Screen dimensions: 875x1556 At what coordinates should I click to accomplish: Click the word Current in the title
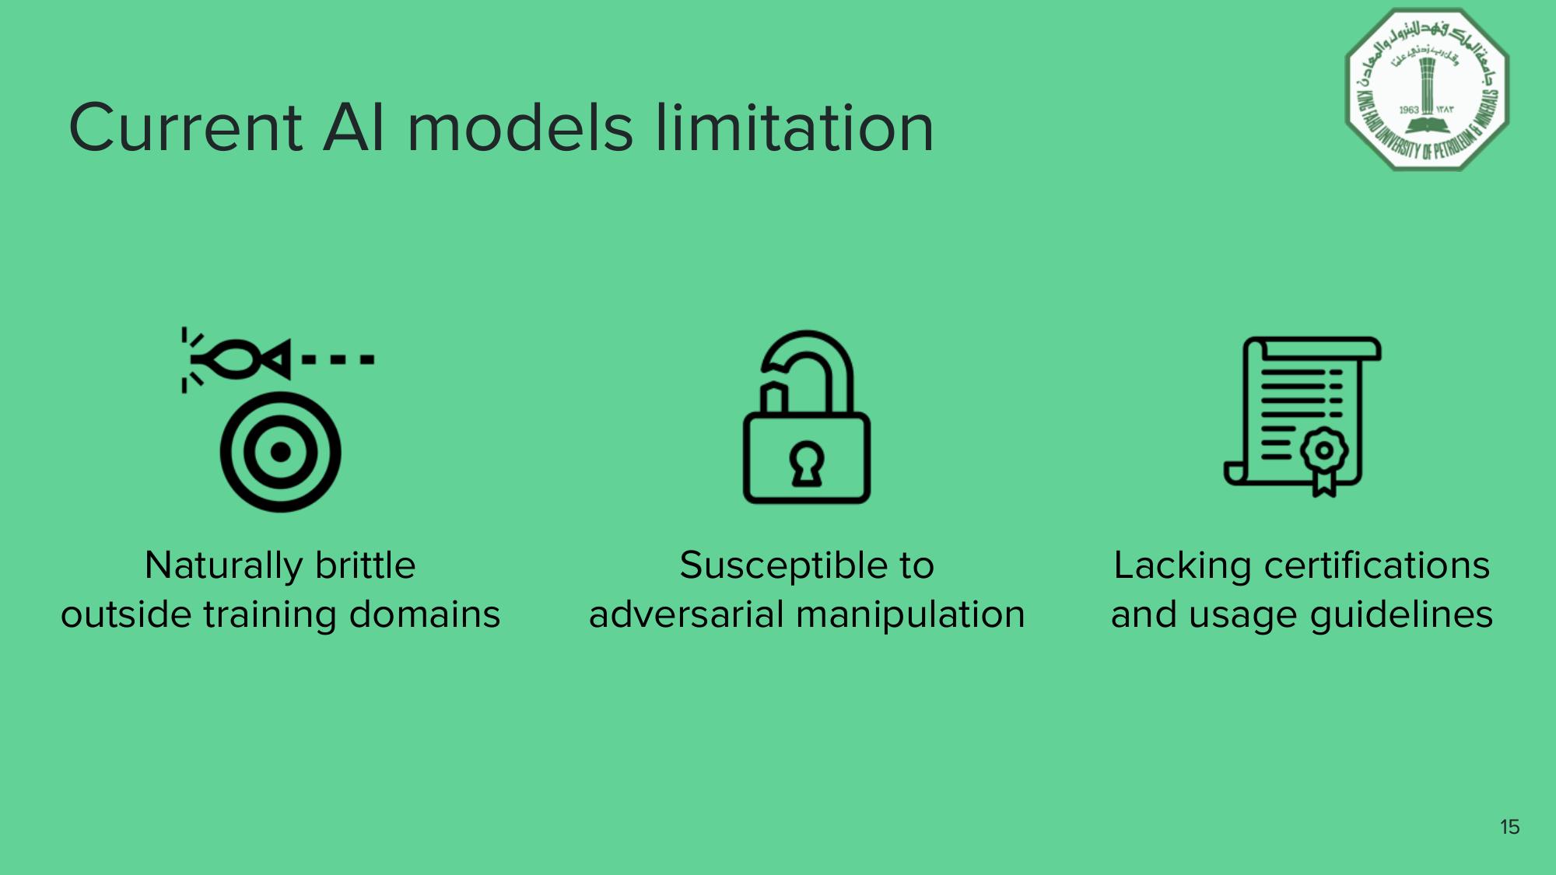tap(185, 128)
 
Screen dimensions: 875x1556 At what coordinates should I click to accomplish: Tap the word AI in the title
tap(354, 128)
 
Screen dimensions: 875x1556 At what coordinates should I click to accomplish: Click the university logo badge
tap(1427, 89)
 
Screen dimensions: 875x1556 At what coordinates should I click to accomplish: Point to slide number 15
tap(1509, 827)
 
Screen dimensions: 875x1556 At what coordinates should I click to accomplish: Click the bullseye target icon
tap(280, 452)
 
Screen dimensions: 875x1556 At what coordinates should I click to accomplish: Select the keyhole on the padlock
tap(807, 464)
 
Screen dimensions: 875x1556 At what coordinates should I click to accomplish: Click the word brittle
tap(366, 565)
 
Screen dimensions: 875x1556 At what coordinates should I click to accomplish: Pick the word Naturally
tap(223, 565)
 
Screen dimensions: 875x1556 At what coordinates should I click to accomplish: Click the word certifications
tap(1377, 565)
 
